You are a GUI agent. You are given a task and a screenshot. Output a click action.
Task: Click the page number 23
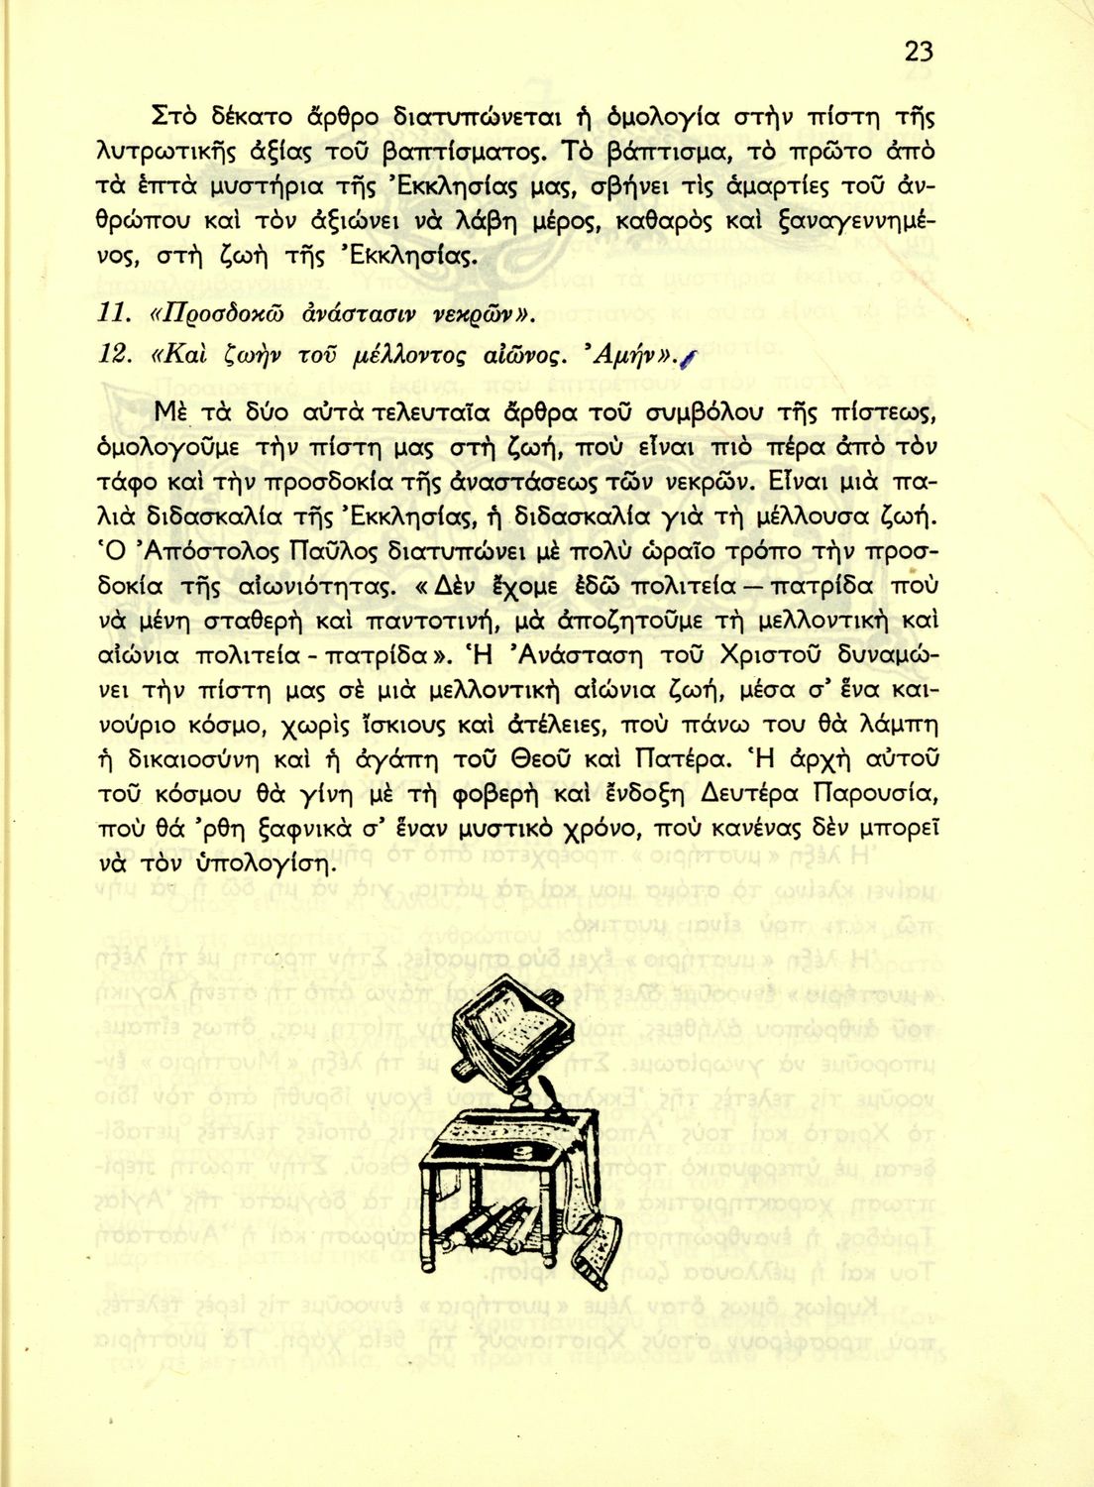[x=918, y=52]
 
